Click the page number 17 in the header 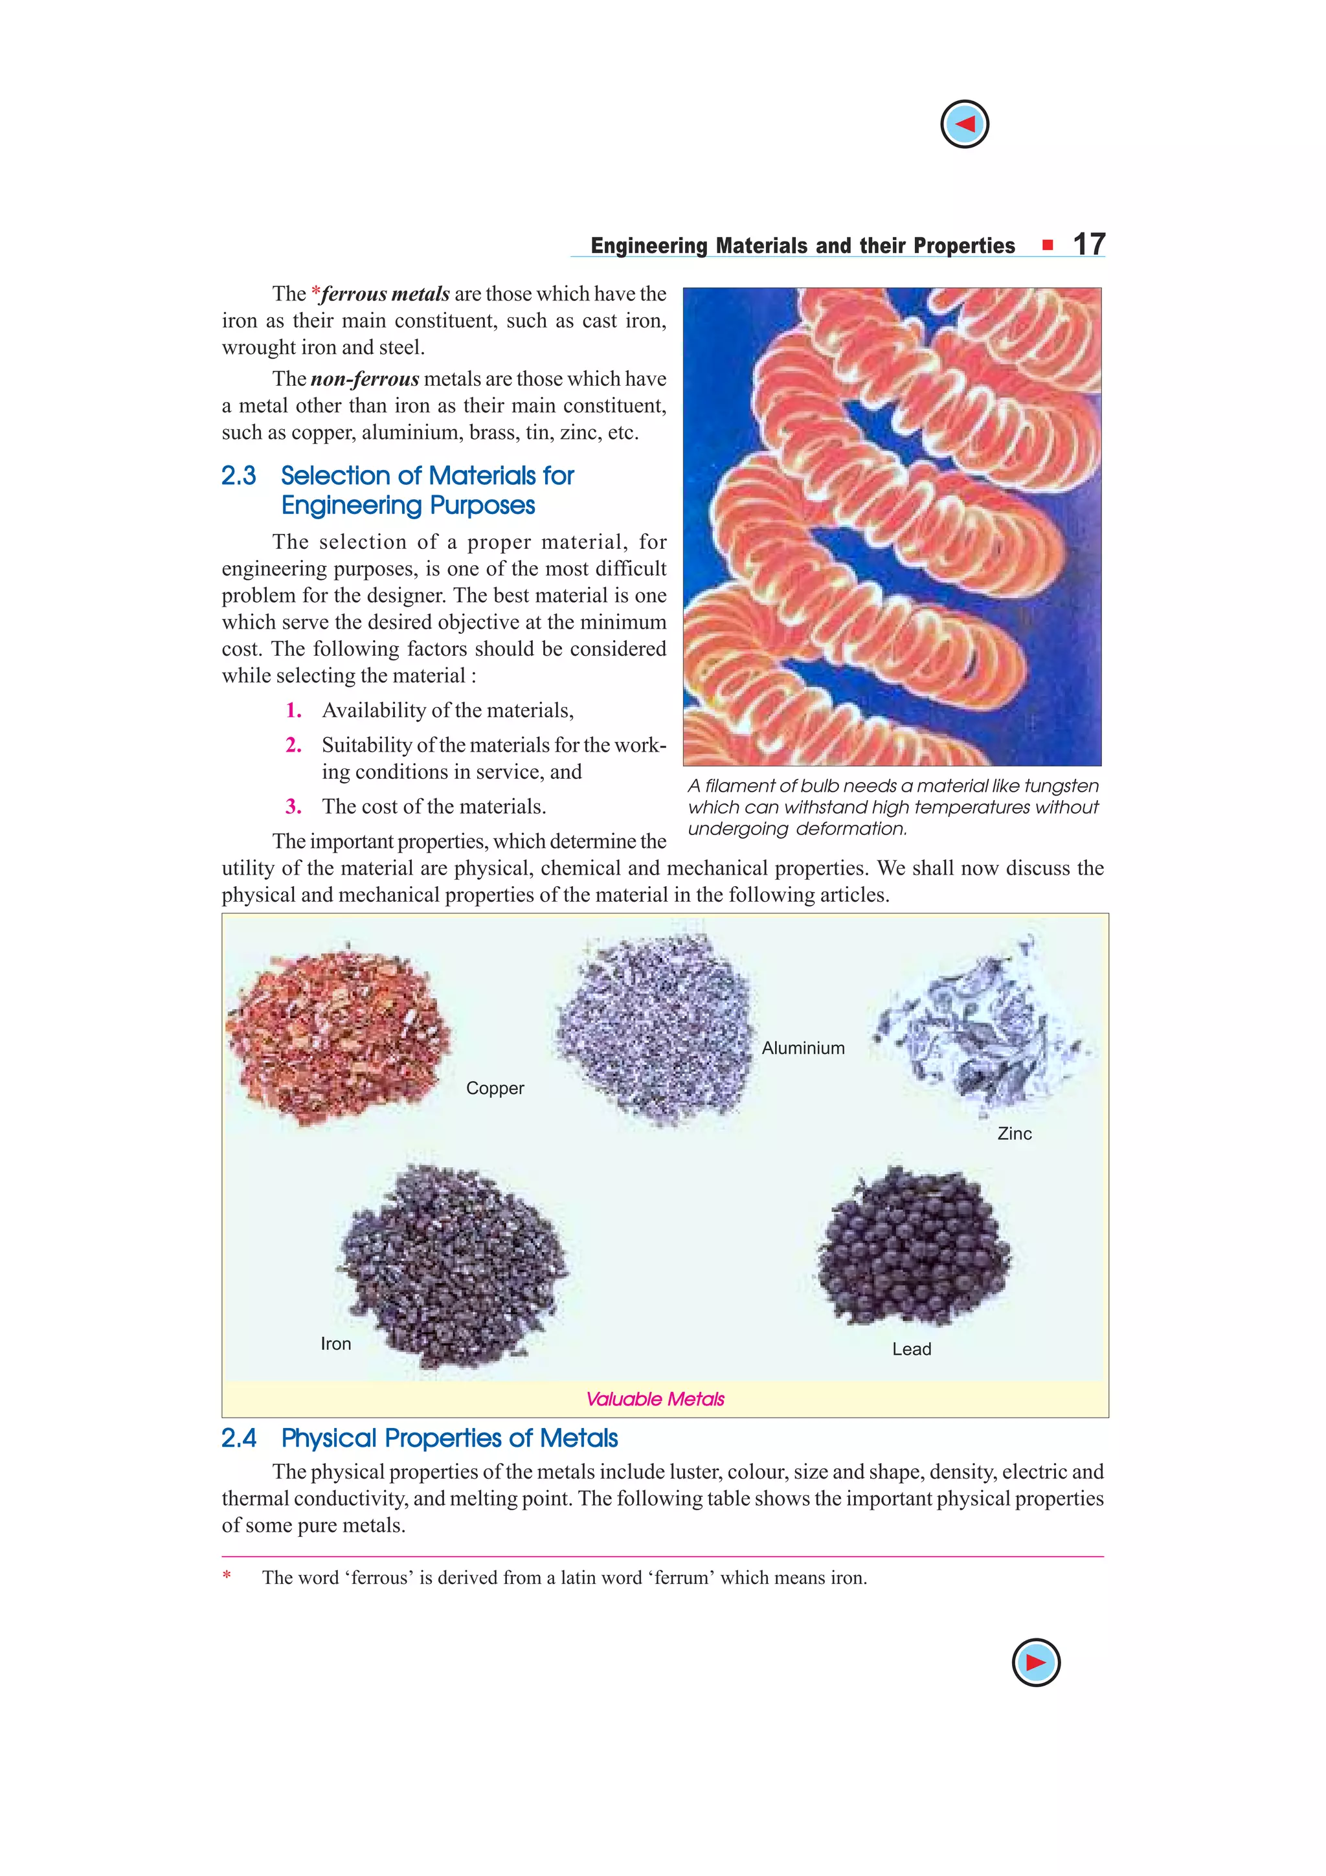click(x=1088, y=244)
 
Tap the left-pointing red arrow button click(x=964, y=124)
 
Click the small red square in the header click(x=1048, y=245)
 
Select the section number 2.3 click(x=238, y=476)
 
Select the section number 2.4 click(x=238, y=1438)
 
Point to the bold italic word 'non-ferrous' click(x=365, y=379)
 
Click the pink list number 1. click(x=293, y=711)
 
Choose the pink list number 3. click(x=293, y=807)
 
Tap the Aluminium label click(x=802, y=1048)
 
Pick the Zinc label click(x=1014, y=1134)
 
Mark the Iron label click(x=336, y=1344)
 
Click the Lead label click(x=911, y=1350)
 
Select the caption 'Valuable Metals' click(x=655, y=1400)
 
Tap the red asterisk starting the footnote click(x=227, y=1577)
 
